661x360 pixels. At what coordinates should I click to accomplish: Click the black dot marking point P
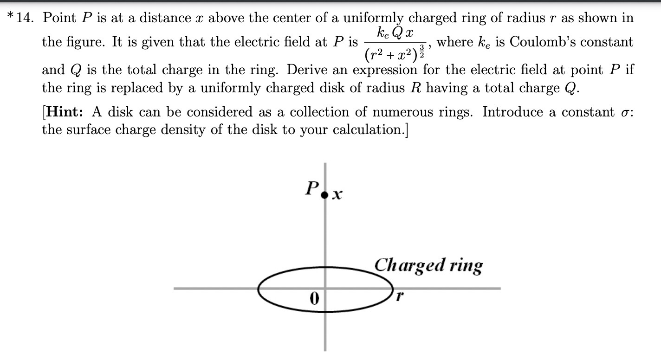pos(325,194)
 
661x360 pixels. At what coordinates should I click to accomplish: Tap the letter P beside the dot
pos(311,188)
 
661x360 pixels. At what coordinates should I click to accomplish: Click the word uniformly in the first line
pos(373,19)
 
